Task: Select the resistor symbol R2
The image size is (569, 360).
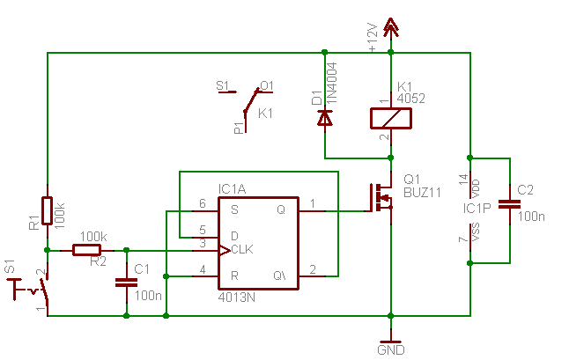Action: (86, 250)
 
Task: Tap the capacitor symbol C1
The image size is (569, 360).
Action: (126, 283)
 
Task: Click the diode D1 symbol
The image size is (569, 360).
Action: (325, 116)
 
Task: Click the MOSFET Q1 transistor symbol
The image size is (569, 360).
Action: (381, 200)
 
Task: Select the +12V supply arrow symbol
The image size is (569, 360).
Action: (390, 28)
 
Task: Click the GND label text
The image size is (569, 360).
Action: (390, 349)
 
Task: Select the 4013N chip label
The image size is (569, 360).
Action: (236, 298)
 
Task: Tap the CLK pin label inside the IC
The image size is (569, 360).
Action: (243, 251)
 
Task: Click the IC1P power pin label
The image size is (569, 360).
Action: (477, 209)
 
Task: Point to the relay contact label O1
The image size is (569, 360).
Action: (267, 85)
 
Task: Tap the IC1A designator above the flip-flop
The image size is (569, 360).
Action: (233, 188)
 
